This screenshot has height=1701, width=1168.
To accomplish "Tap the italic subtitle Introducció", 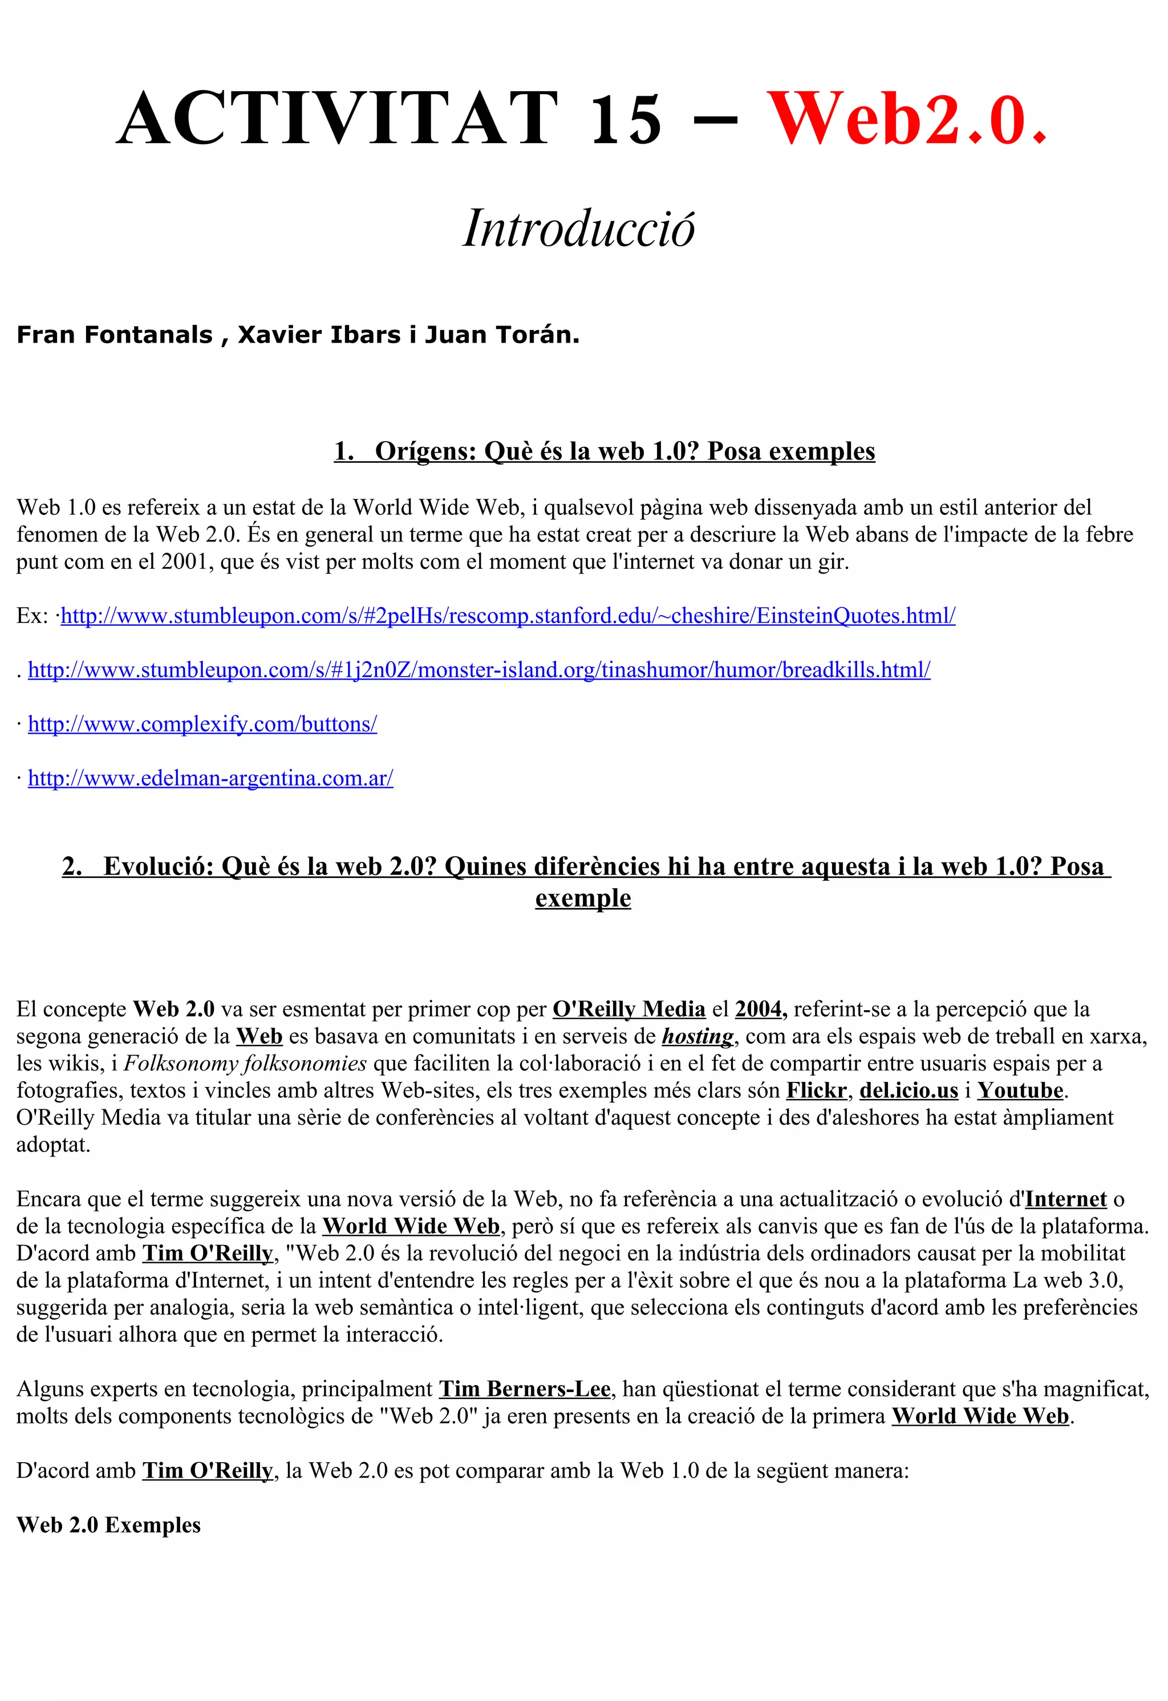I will tap(578, 229).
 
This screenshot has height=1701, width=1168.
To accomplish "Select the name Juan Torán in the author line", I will tap(502, 335).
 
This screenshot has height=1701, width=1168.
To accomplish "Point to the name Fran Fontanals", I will tap(114, 335).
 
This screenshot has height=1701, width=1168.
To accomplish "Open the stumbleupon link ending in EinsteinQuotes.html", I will tap(508, 616).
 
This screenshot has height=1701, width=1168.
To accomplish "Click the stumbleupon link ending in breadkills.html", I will tap(479, 670).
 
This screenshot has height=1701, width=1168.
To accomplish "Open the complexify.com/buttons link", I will tap(202, 724).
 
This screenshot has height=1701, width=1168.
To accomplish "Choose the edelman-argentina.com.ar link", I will tap(210, 778).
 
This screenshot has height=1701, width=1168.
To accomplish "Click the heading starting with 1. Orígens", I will tap(604, 451).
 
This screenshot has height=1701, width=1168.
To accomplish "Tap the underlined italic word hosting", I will tap(697, 1036).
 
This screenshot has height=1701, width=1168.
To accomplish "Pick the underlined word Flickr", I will tap(816, 1090).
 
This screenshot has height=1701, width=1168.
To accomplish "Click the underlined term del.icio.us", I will tap(908, 1090).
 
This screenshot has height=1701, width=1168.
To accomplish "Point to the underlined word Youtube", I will tap(1020, 1090).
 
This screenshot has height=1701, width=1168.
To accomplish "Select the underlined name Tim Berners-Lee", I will tap(524, 1389).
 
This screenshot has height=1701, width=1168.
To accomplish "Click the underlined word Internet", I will tap(1065, 1199).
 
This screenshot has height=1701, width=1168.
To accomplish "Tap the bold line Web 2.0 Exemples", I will tap(108, 1525).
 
